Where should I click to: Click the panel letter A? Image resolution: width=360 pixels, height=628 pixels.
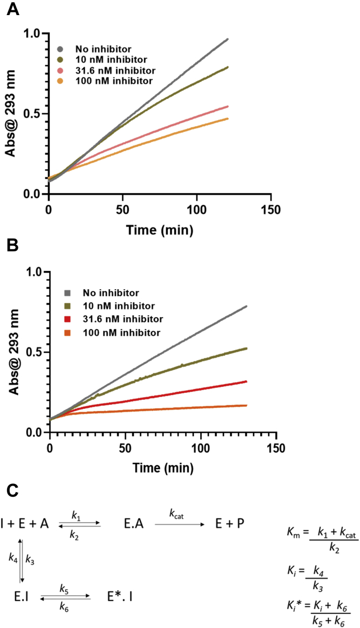click(11, 9)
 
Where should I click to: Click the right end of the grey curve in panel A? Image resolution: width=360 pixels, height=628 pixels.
click(228, 39)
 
